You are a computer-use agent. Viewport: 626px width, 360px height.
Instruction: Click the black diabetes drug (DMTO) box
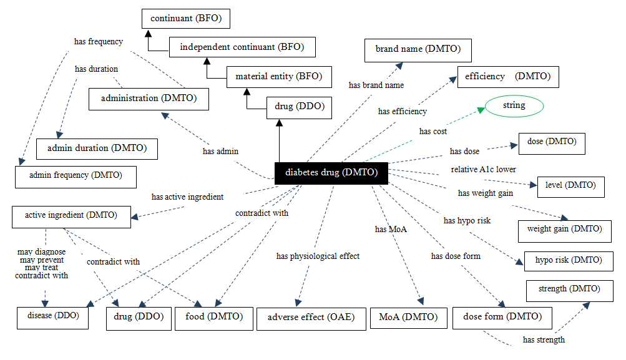tap(331, 173)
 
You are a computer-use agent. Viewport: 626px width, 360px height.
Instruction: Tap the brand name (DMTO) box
tap(418, 51)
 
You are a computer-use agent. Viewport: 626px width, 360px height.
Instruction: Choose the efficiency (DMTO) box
tap(508, 77)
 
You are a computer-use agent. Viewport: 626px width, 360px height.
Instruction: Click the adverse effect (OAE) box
tap(311, 318)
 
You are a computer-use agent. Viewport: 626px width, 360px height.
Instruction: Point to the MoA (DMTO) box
tap(408, 318)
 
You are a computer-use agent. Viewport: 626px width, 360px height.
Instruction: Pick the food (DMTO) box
tap(214, 318)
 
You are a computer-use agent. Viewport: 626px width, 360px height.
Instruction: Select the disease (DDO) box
tap(52, 318)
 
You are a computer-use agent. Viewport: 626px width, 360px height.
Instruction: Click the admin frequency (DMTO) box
tap(76, 177)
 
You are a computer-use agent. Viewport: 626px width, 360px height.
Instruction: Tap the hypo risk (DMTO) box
tap(569, 261)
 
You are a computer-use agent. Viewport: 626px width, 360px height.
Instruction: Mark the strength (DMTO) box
tap(570, 291)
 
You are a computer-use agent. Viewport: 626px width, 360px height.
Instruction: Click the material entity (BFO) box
tap(279, 77)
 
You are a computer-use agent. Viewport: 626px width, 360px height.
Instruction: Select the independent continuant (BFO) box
tap(242, 47)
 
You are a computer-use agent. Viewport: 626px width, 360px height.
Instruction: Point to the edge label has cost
tap(433, 131)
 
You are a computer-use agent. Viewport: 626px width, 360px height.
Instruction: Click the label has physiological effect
tap(318, 256)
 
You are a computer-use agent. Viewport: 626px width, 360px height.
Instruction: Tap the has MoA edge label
tap(391, 229)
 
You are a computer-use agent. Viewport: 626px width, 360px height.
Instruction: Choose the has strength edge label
tap(544, 339)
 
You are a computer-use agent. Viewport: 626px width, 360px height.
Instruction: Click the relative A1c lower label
tap(484, 169)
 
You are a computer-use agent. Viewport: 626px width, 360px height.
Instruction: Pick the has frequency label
tap(99, 42)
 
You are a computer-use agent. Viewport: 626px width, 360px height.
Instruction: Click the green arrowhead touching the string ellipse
tap(481, 110)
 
